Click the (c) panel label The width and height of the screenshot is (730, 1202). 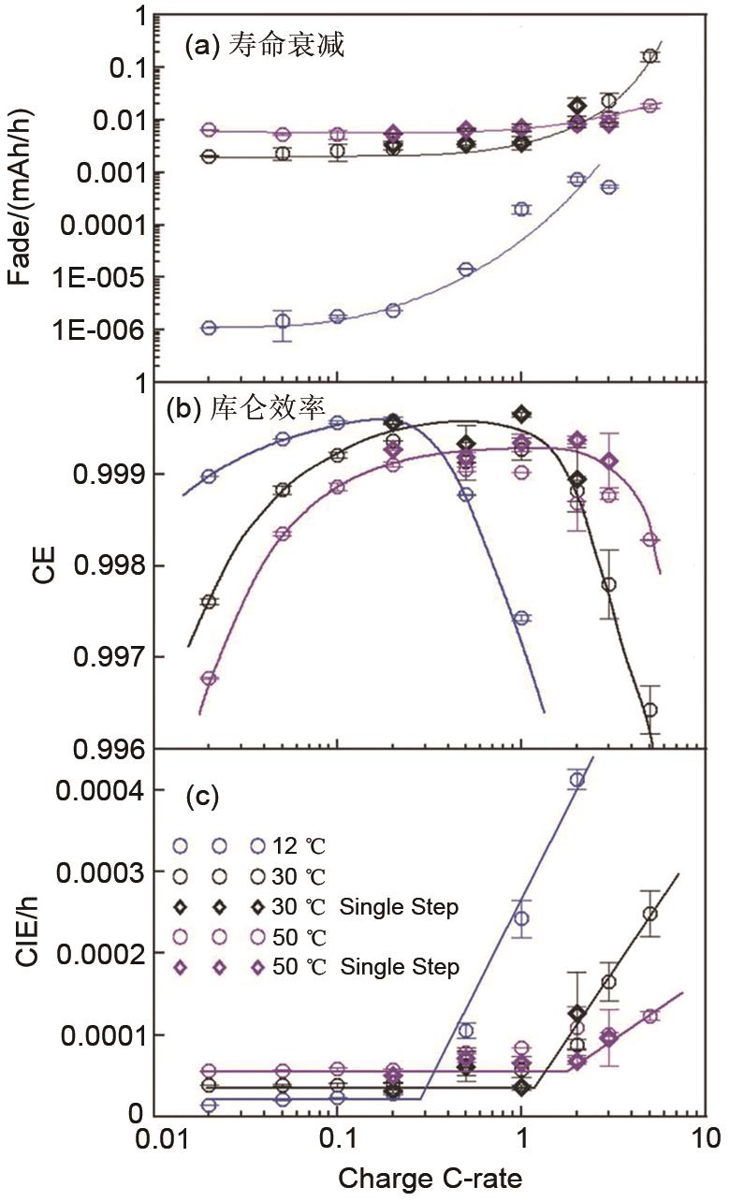coord(202,797)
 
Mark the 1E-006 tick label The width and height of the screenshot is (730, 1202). coord(110,330)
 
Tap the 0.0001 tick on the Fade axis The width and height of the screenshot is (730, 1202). coord(110,226)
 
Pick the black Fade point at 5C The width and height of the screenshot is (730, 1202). coord(650,56)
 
